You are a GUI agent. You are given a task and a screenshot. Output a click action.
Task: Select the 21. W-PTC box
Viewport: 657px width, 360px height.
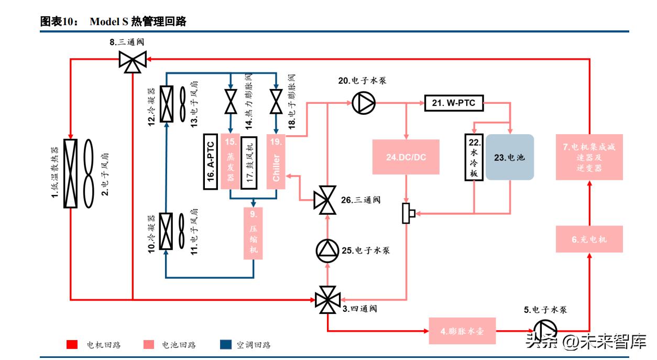(454, 103)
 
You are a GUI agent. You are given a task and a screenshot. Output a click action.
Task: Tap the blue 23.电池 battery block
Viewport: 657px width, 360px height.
(509, 157)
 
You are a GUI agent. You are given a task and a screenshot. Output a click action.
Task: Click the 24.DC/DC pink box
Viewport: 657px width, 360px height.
(406, 157)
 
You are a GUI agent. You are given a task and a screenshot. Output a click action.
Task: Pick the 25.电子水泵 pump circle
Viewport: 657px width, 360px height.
(327, 250)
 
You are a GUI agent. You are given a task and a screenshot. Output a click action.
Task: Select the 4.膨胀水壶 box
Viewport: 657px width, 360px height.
(462, 331)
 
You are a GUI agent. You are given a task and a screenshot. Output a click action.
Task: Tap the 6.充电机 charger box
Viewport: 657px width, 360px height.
(589, 239)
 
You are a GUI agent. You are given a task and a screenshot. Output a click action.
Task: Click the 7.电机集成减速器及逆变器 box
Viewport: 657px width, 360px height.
(589, 157)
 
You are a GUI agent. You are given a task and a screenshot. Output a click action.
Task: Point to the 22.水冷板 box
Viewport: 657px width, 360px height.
(474, 157)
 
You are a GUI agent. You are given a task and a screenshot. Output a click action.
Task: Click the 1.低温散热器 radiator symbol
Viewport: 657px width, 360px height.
(70, 173)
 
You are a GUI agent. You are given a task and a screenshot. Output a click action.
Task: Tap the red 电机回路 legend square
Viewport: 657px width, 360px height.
(72, 344)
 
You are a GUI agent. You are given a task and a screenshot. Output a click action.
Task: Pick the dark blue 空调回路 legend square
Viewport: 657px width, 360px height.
(225, 344)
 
